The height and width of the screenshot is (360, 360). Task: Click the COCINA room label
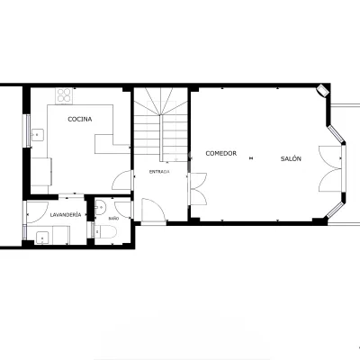[80, 119]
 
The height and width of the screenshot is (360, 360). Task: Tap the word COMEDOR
[221, 153]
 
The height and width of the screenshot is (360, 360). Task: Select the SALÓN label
[291, 158]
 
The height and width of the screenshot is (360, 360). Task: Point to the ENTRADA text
[159, 172]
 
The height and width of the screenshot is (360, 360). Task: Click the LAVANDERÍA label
[66, 214]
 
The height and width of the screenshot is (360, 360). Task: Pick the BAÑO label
[113, 219]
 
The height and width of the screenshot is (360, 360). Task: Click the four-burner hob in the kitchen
[64, 95]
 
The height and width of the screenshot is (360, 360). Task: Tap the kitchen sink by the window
[37, 135]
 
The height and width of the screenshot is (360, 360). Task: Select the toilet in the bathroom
[104, 231]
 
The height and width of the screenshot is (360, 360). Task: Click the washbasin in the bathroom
[101, 208]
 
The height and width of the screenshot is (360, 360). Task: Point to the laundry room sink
[44, 238]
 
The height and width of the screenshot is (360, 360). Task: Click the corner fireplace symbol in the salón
[323, 90]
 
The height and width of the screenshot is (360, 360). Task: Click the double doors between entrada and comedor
[198, 189]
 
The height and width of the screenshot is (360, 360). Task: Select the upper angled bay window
[336, 134]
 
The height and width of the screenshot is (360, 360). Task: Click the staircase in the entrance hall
[161, 124]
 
